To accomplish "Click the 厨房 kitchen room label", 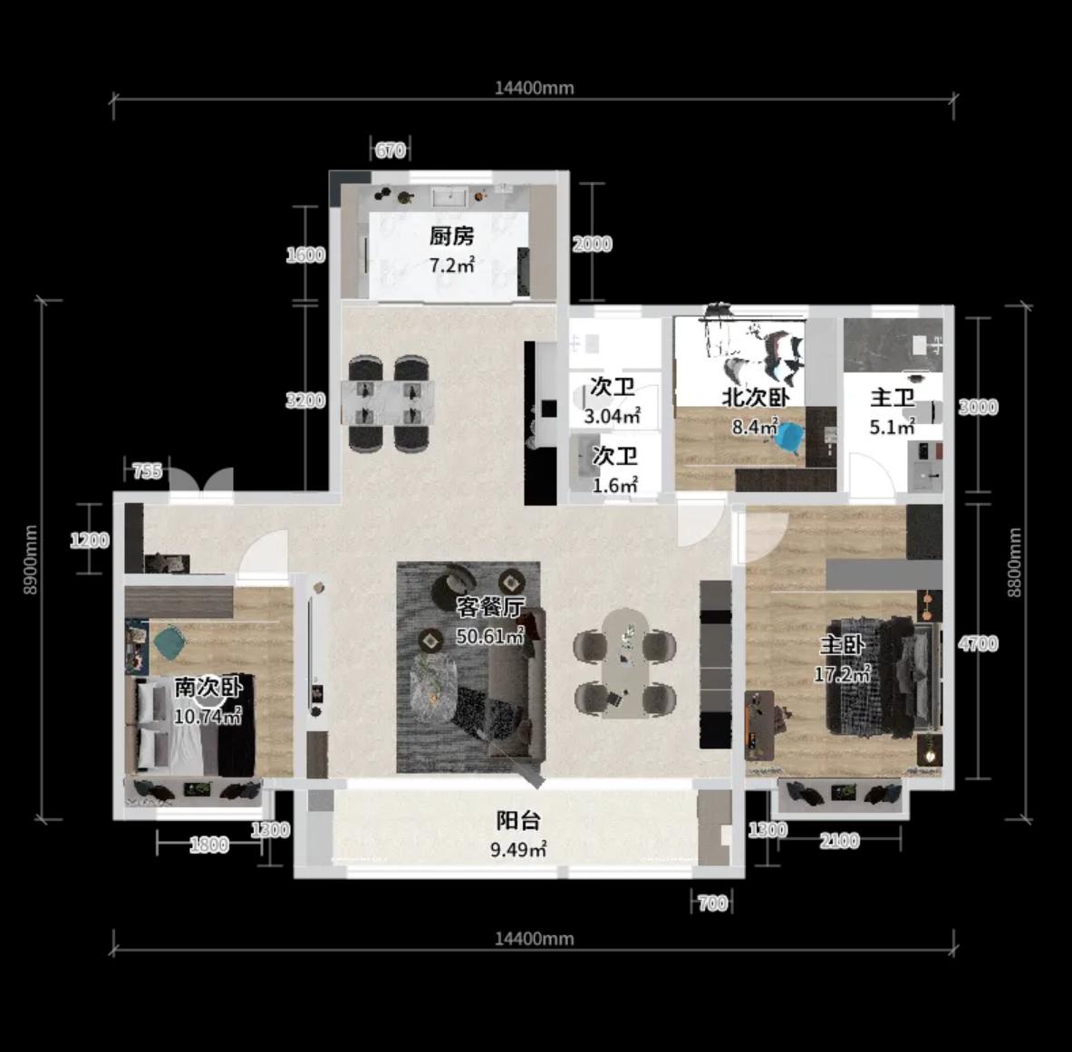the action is (451, 236).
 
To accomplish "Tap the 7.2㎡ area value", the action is (451, 265).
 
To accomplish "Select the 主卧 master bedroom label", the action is (843, 644).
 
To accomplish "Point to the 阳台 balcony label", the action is (518, 820).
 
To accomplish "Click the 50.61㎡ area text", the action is (490, 636).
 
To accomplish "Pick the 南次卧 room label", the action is (208, 687).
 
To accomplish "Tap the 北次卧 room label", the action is (756, 398).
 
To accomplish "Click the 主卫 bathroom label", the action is (893, 398).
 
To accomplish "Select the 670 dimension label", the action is (391, 150).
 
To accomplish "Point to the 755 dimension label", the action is (147, 471).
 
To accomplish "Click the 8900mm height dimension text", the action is (31, 559).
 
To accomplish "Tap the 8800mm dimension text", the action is (1015, 562).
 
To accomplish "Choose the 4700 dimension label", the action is (979, 643).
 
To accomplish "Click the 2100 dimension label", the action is (839, 841).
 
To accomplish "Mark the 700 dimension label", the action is (712, 903).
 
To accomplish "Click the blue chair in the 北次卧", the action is (789, 438).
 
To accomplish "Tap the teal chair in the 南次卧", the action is (169, 642).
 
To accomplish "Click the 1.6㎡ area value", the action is (614, 486).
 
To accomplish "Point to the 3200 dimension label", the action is (305, 401).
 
